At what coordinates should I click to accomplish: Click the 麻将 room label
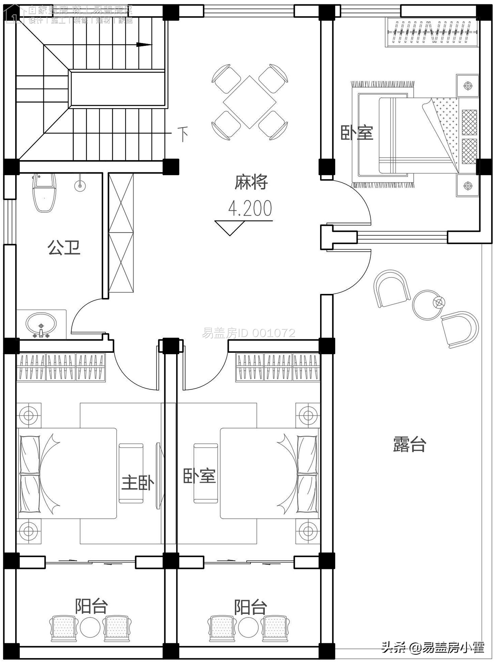[x=251, y=182]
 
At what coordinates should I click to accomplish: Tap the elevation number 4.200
[x=250, y=208]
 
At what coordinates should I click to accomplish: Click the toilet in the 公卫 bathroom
[x=44, y=193]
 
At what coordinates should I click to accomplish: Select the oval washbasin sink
[x=41, y=324]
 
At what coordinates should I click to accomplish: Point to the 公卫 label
[x=64, y=247]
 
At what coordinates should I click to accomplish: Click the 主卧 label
[x=138, y=483]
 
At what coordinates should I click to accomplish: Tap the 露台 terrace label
[x=409, y=444]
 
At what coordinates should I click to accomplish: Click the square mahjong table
[x=250, y=102]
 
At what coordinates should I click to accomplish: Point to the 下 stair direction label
[x=183, y=134]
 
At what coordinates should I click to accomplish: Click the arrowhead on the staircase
[x=144, y=45]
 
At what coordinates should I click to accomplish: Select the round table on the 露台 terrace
[x=428, y=305]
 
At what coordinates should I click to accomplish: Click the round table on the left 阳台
[x=90, y=627]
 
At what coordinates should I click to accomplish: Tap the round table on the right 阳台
[x=248, y=627]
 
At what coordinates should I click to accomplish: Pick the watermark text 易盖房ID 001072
[x=248, y=333]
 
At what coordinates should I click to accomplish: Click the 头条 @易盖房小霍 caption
[x=433, y=647]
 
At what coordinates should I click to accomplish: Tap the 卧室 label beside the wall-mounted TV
[x=199, y=476]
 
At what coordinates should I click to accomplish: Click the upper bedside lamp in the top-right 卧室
[x=468, y=86]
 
